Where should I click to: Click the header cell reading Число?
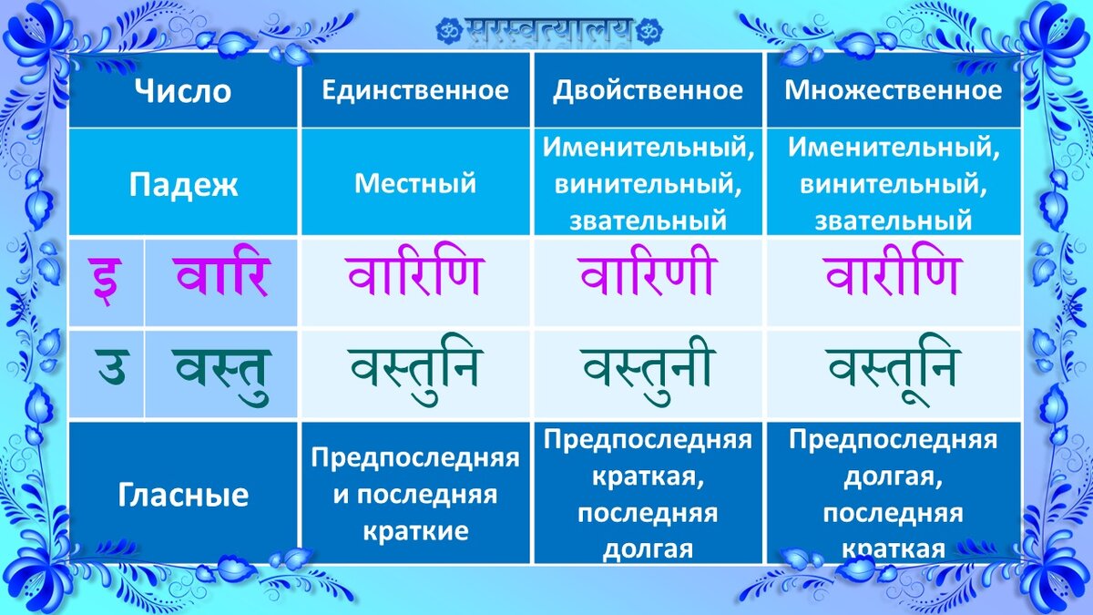click(x=183, y=91)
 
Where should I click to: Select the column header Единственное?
click(x=415, y=90)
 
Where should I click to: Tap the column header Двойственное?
click(x=648, y=91)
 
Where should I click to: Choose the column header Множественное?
click(x=894, y=90)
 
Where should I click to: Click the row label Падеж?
click(x=183, y=185)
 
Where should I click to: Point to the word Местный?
click(x=415, y=183)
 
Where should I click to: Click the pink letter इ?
click(x=105, y=281)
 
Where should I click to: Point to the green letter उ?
click(x=112, y=366)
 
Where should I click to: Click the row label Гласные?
click(x=183, y=495)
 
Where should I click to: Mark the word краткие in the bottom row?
click(x=415, y=530)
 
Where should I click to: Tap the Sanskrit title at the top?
click(x=549, y=30)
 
